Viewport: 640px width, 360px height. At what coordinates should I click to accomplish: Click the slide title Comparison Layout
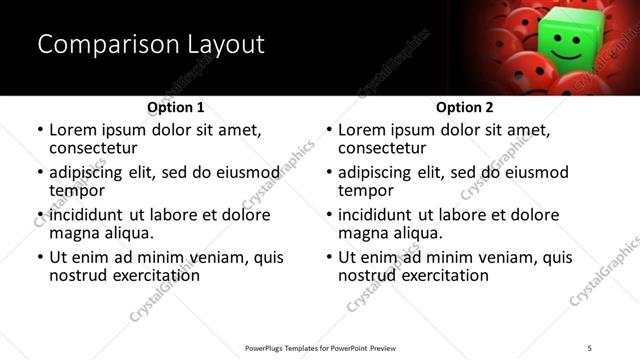[x=151, y=45]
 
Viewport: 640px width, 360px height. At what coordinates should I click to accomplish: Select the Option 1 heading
[x=175, y=107]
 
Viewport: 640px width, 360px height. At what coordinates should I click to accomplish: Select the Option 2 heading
[x=464, y=107]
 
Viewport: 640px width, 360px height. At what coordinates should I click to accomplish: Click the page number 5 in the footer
[x=590, y=347]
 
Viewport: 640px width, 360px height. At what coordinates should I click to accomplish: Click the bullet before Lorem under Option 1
[x=40, y=131]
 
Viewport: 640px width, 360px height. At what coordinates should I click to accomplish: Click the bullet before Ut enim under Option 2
[x=329, y=258]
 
